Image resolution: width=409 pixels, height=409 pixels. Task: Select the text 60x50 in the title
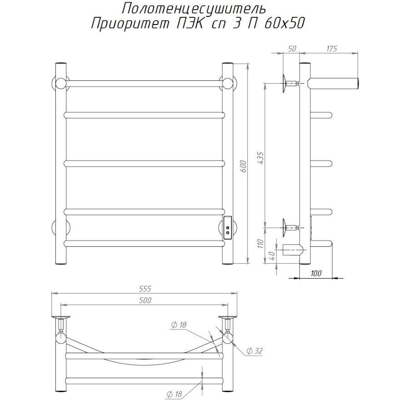click(x=284, y=24)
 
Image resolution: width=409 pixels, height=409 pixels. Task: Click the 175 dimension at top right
click(x=331, y=49)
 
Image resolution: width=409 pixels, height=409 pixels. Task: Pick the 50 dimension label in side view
click(x=292, y=49)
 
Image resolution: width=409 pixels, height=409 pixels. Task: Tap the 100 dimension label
click(x=316, y=273)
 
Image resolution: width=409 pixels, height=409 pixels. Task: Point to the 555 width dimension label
click(x=145, y=289)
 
